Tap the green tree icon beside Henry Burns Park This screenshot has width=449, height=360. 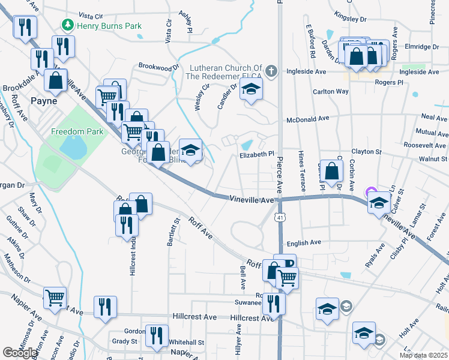[68, 26]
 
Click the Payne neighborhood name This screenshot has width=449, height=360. [43, 101]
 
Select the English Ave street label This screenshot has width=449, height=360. [304, 243]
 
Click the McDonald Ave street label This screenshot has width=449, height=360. [308, 119]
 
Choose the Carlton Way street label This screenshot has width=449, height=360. [331, 92]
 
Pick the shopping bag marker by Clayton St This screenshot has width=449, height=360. [331, 171]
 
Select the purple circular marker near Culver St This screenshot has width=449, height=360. [370, 192]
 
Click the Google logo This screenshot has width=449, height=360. [20, 353]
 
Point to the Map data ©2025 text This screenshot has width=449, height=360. [423, 355]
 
